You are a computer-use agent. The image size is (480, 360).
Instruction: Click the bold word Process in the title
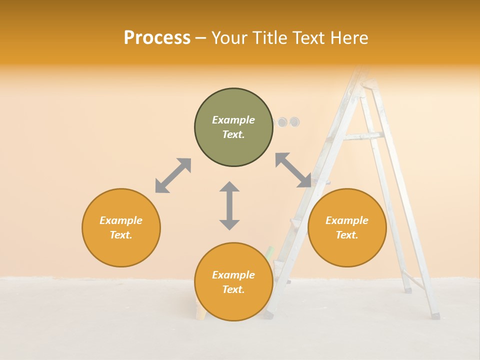157,37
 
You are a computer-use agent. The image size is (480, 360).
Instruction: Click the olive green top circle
233,127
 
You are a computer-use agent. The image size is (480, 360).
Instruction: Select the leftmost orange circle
121,227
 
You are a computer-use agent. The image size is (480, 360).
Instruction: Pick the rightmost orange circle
347,227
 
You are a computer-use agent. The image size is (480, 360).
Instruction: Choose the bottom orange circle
233,282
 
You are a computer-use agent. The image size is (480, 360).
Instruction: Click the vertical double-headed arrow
229,205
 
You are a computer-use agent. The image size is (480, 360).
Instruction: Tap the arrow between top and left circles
173,175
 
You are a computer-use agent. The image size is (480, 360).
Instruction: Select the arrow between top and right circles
293,170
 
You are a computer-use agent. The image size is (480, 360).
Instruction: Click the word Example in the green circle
233,120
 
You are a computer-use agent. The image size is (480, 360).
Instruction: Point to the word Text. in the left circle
121,235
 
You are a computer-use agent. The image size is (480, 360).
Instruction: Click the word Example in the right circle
347,220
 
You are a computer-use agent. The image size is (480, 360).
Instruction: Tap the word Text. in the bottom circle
233,289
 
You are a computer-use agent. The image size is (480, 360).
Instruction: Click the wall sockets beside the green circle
288,121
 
